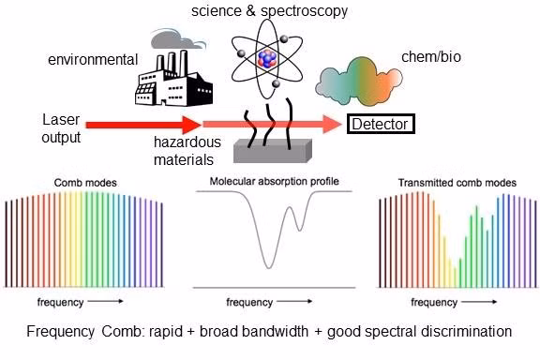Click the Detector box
point(381,124)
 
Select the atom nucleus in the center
point(267,59)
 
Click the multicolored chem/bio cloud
point(359,82)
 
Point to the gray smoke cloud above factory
point(178,39)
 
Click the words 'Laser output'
point(61,128)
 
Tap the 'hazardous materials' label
point(187,151)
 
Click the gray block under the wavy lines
point(273,151)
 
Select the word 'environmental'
point(93,60)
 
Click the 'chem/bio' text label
point(431,57)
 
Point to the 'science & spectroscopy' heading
point(270,11)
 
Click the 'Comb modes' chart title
point(85,183)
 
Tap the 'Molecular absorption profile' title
point(275,181)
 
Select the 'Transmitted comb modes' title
point(457,183)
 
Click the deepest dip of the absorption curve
point(269,268)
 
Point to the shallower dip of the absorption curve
point(300,230)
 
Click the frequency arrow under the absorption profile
point(294,302)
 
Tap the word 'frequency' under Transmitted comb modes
point(434,303)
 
